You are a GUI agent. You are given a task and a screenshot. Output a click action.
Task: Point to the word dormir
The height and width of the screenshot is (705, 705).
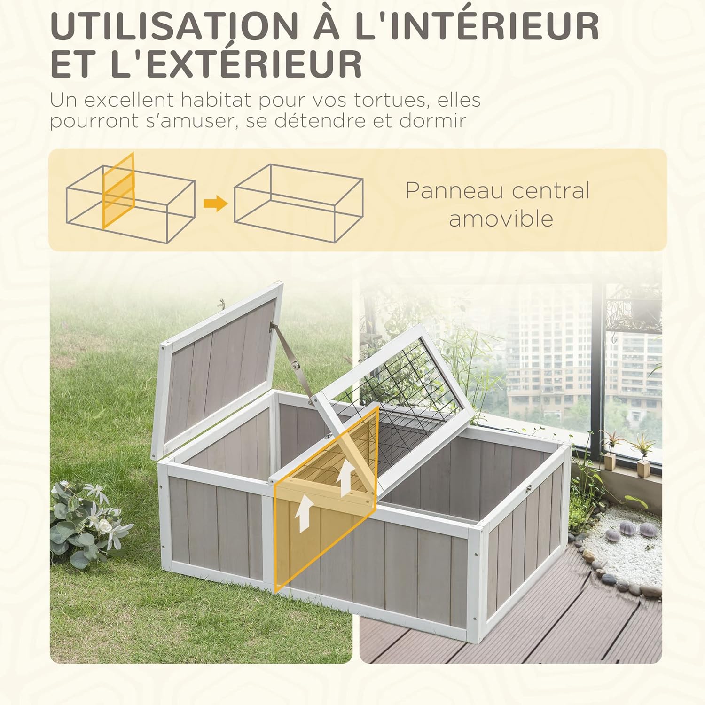click(433, 120)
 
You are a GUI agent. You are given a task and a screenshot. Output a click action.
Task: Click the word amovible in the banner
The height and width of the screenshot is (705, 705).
click(501, 219)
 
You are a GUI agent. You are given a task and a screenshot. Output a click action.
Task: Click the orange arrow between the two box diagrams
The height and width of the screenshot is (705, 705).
click(215, 204)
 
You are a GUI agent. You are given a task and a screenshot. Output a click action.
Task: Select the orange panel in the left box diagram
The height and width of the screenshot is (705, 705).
click(118, 190)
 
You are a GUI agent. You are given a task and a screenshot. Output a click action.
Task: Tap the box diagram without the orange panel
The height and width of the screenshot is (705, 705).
click(298, 203)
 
